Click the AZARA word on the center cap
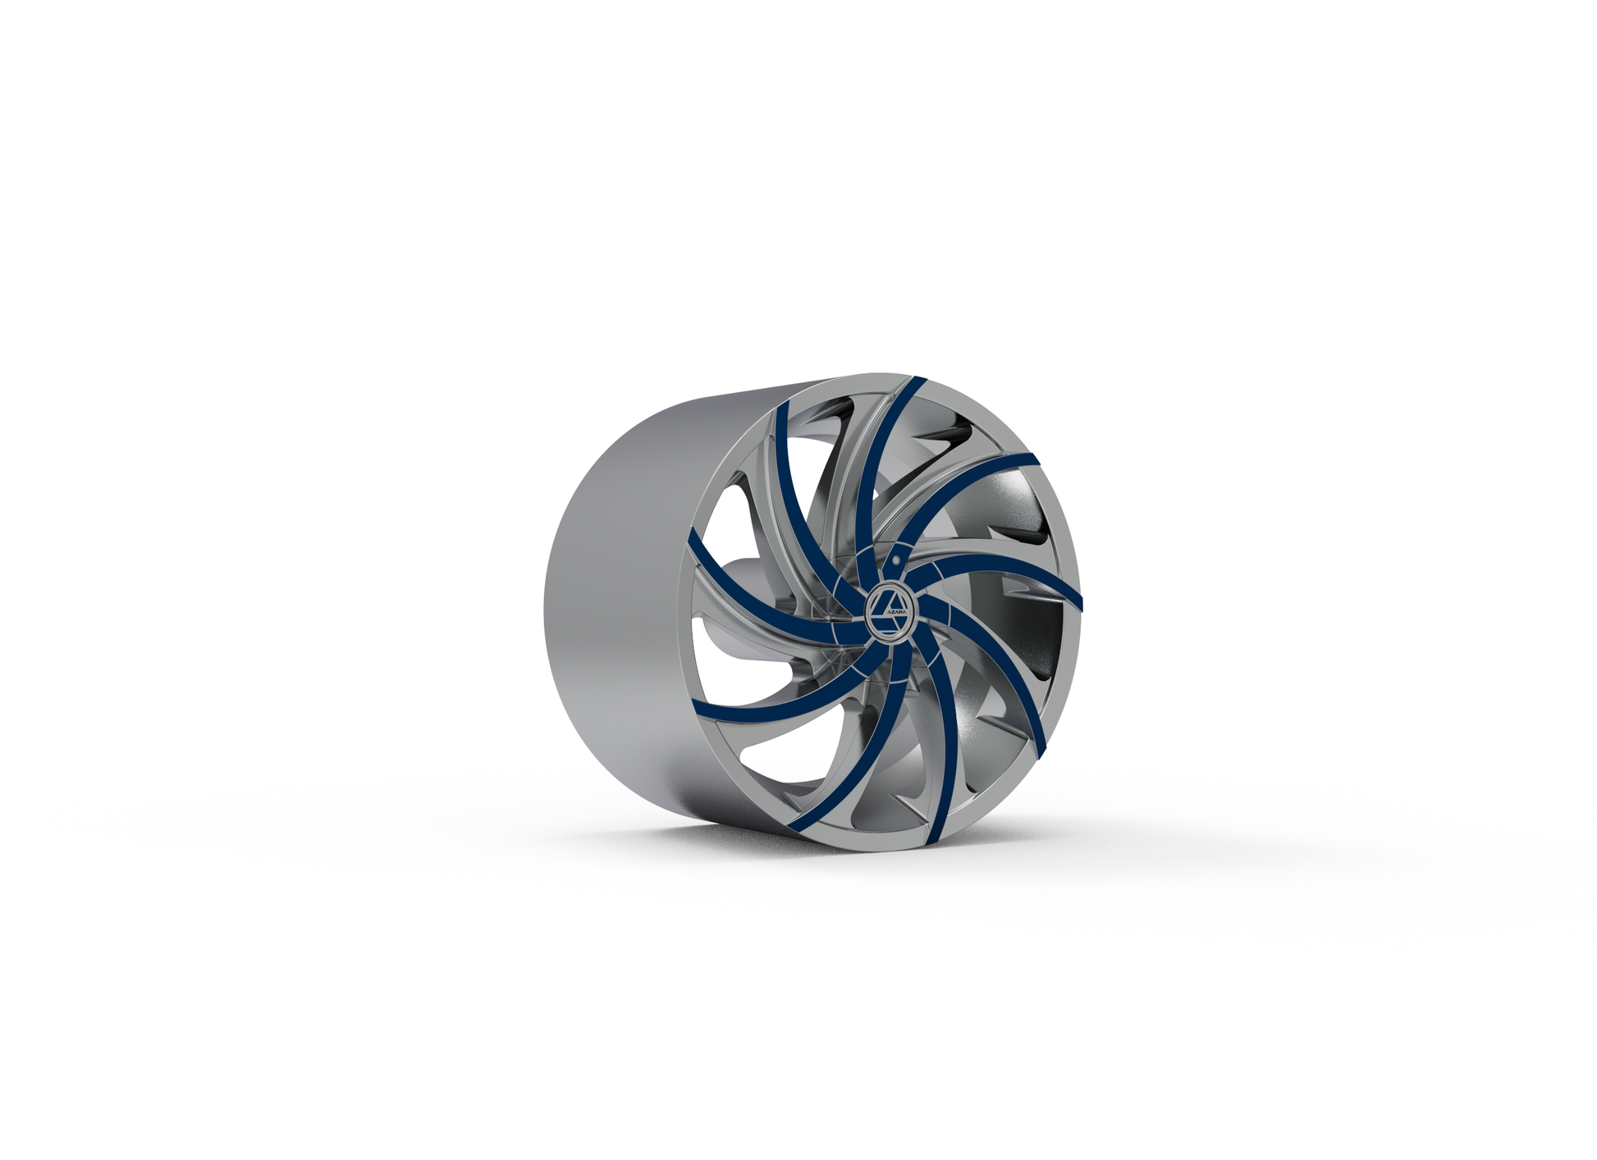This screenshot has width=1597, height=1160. click(x=895, y=613)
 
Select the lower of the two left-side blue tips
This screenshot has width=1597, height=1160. click(x=696, y=706)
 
